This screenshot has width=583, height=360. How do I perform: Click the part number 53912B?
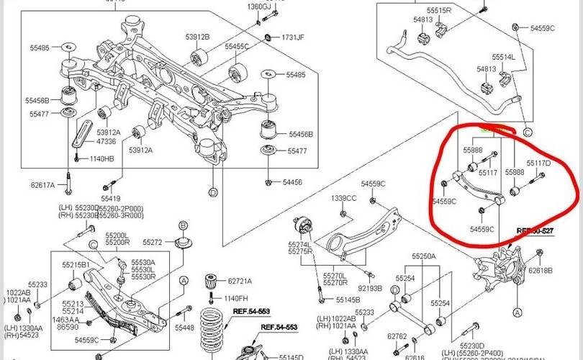coord(197,37)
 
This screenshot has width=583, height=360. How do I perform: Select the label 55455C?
coord(236,46)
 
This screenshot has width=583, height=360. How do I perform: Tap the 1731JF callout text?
coord(292,37)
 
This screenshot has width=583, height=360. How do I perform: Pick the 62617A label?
coord(42,185)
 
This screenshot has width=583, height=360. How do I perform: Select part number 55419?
coord(111,198)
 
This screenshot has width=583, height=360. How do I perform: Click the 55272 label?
coord(153,243)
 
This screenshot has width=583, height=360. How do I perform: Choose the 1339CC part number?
coord(344,198)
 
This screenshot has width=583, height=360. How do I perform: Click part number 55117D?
coord(538,164)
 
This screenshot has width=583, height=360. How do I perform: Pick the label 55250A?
coord(424,256)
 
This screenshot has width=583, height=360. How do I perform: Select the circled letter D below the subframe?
coord(213,192)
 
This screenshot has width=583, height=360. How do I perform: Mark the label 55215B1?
coord(76,266)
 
